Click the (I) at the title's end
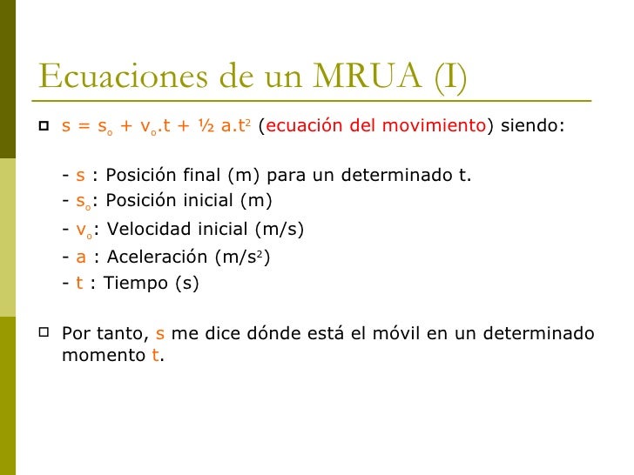(446, 77)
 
